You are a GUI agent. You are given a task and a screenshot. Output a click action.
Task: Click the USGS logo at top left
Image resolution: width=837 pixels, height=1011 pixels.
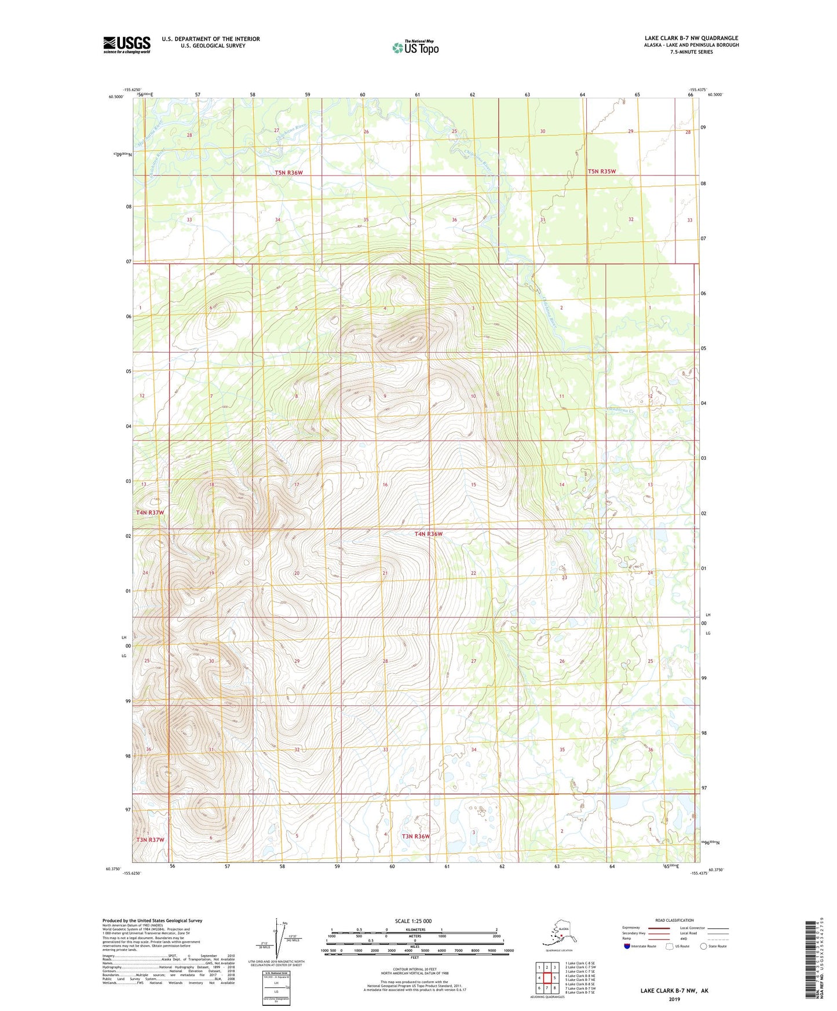coord(126,45)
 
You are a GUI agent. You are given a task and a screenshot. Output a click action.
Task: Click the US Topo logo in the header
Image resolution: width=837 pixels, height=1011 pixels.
coord(415,47)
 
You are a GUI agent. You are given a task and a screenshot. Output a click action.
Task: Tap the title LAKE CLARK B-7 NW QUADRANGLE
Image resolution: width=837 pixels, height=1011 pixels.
coord(691,38)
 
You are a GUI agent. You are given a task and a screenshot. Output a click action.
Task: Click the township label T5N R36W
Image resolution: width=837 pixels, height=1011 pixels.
coord(288,173)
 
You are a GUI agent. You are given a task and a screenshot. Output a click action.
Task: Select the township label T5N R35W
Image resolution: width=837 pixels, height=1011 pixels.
coord(601,171)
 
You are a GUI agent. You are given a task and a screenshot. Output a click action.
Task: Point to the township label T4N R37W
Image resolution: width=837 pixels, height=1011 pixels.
coord(150,512)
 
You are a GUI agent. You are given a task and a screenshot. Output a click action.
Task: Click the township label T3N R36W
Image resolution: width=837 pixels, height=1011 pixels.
coord(416,836)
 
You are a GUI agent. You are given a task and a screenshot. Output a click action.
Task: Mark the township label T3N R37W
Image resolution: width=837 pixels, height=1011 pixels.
coord(150,840)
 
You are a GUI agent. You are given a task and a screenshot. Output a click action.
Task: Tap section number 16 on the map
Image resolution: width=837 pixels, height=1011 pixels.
coord(385,484)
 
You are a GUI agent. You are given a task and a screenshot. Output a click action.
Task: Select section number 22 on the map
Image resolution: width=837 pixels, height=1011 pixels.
coord(473,573)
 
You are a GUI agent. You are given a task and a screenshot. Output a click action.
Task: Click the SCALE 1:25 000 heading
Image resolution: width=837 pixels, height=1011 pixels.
coord(414,921)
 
